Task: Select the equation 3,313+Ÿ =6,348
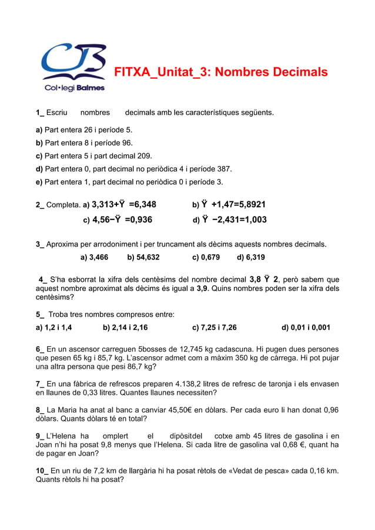tap(124, 204)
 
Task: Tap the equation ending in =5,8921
tap(233, 204)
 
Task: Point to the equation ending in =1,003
tap(234, 220)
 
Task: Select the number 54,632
tap(148, 257)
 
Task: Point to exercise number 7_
tap(41, 384)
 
